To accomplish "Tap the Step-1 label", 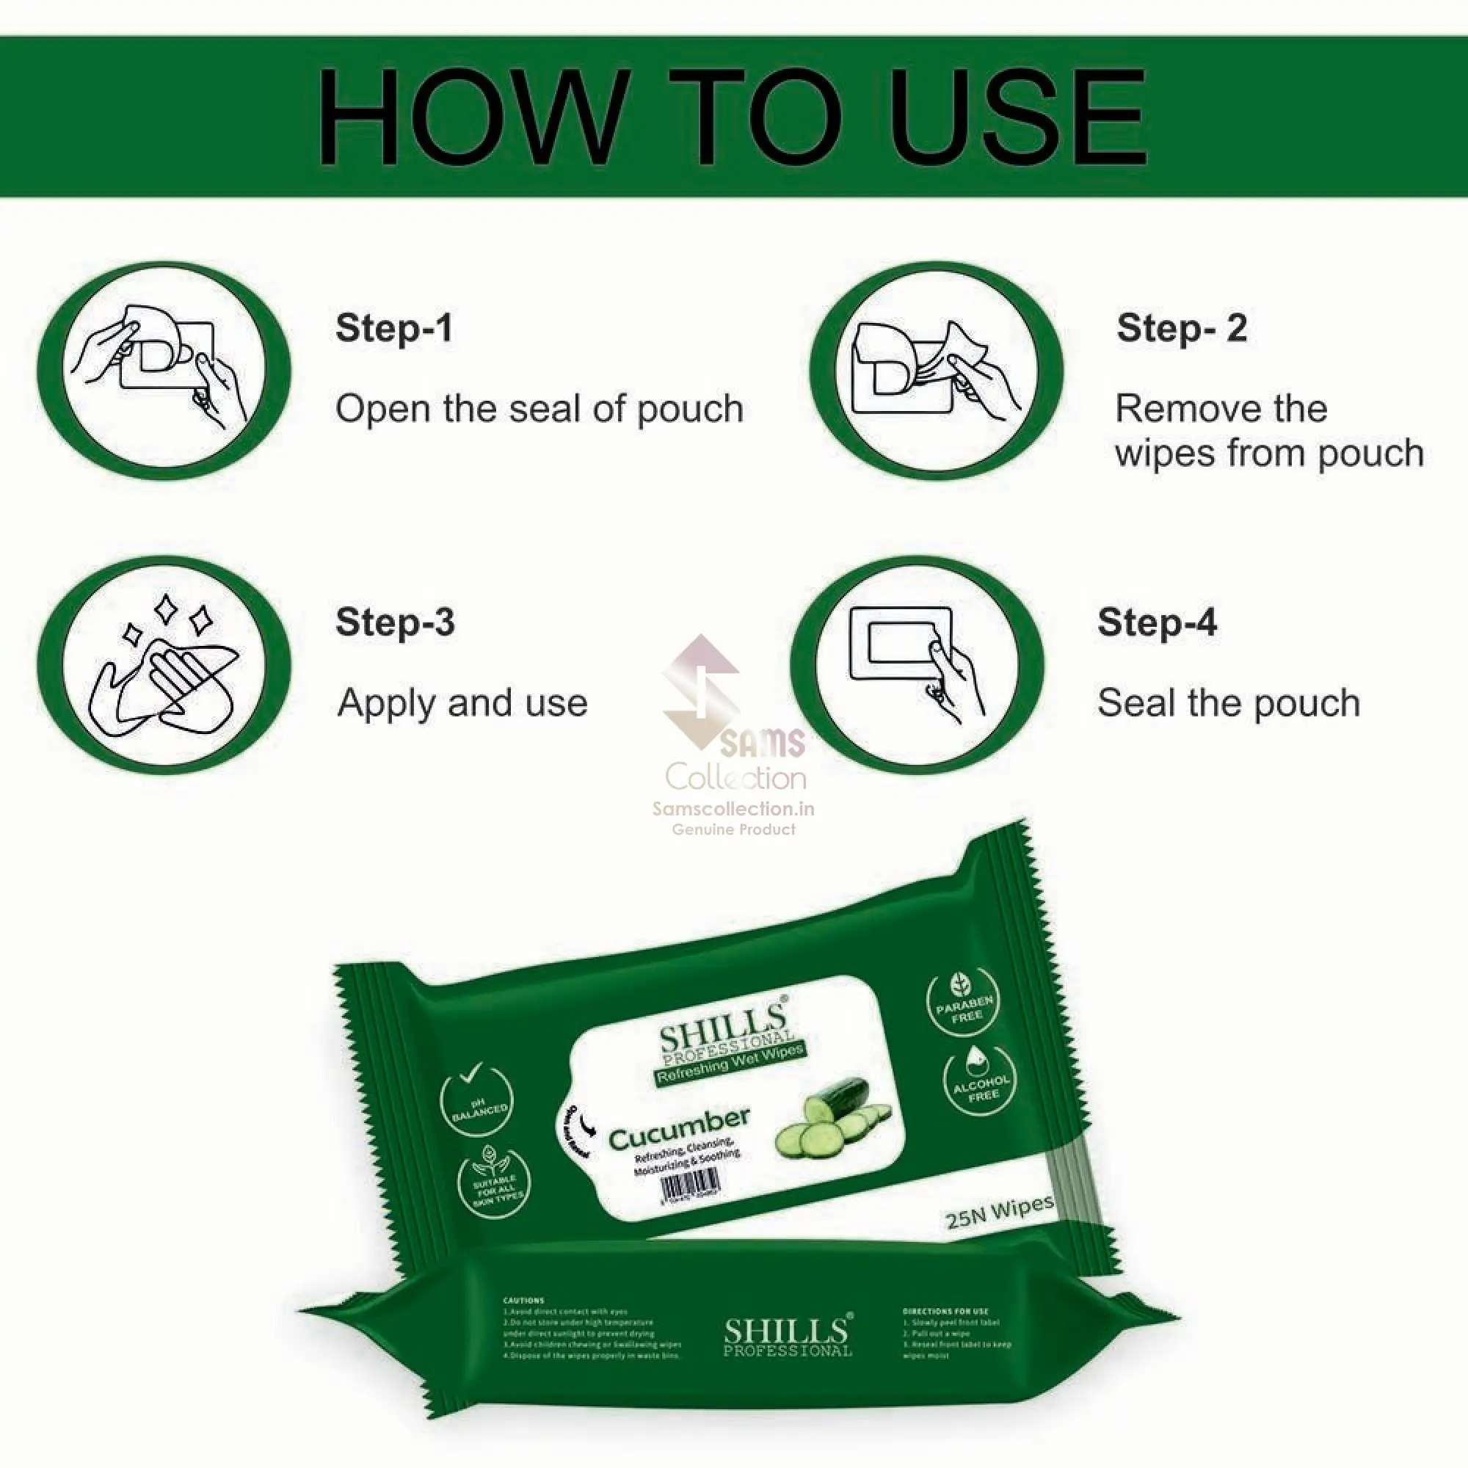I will click(x=393, y=328).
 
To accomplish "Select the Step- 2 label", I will click(x=1182, y=328).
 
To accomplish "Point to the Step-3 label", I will click(x=395, y=622).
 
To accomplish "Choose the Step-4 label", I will click(x=1158, y=622).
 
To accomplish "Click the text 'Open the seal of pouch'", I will click(x=539, y=409).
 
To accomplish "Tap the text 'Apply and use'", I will click(x=462, y=703).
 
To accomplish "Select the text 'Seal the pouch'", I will click(x=1229, y=703).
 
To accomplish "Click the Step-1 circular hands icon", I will click(x=164, y=371).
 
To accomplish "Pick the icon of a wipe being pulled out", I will click(x=936, y=371).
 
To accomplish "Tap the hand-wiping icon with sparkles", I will click(x=164, y=665).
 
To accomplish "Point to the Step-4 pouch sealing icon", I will click(x=917, y=665).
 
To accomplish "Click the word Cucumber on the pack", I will click(x=678, y=1128).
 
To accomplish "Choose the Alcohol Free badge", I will click(x=980, y=1082).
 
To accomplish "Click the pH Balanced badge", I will click(x=476, y=1102).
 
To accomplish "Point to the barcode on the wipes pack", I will click(x=690, y=1186).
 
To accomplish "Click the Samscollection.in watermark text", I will click(x=733, y=809).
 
